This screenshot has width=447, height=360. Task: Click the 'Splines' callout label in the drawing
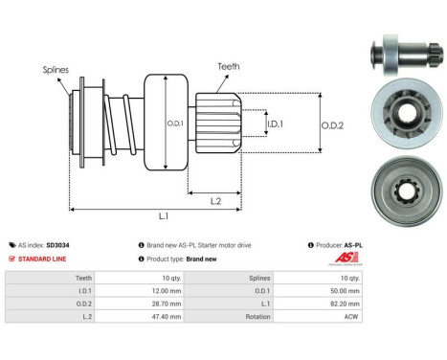pos(56,70)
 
